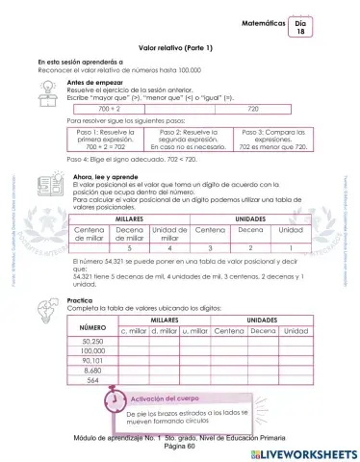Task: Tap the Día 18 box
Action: pos(300,26)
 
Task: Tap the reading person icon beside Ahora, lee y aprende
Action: pos(45,183)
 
